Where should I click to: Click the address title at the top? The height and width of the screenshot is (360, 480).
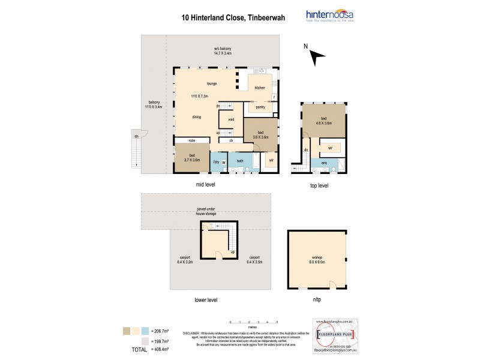tap(233, 19)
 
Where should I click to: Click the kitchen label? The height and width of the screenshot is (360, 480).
tap(260, 88)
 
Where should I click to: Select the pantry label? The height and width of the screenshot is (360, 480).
tap(260, 107)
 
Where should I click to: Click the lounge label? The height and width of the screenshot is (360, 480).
tap(211, 83)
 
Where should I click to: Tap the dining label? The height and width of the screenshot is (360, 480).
tap(196, 117)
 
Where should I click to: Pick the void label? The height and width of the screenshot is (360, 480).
tap(230, 119)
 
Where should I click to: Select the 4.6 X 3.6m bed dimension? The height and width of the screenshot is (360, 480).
tap(325, 125)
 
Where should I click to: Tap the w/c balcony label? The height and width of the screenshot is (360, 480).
tap(223, 50)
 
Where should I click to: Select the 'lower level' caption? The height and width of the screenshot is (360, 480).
tap(205, 299)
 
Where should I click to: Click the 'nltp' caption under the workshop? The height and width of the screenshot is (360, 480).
tap(316, 299)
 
